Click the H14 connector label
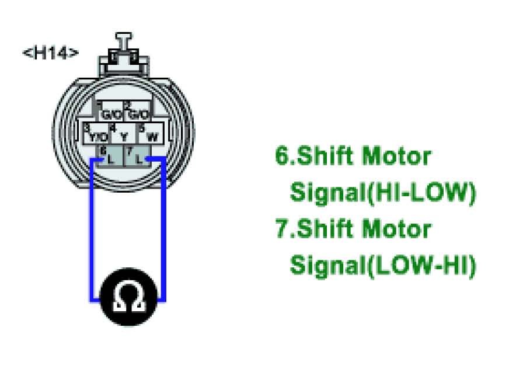pyautogui.click(x=50, y=53)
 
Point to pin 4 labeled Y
pyautogui.click(x=123, y=134)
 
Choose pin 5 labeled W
pyautogui.click(x=150, y=134)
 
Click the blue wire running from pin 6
pyautogui.click(x=91, y=234)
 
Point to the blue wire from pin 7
pyautogui.click(x=165, y=234)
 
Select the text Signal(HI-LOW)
pyautogui.click(x=382, y=192)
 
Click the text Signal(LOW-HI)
pyautogui.click(x=382, y=265)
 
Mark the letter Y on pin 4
pyautogui.click(x=124, y=137)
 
